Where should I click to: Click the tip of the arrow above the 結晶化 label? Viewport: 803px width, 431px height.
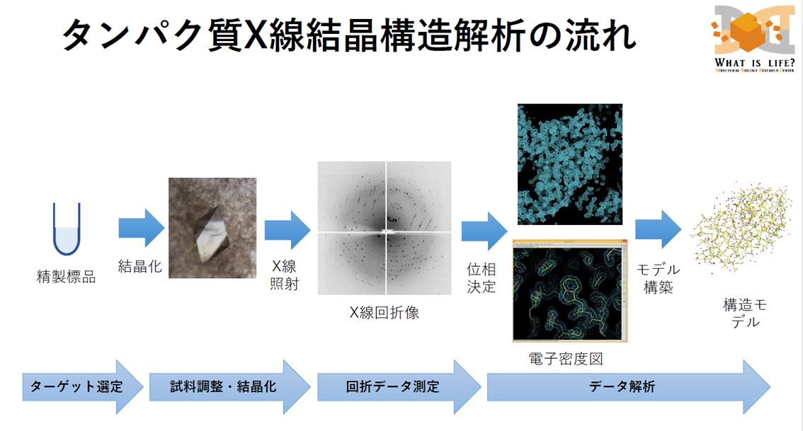[x=164, y=228]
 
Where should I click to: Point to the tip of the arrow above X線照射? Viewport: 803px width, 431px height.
[x=310, y=230]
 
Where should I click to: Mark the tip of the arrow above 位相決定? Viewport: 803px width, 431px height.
[x=507, y=231]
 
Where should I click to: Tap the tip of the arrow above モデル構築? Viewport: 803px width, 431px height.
[x=681, y=229]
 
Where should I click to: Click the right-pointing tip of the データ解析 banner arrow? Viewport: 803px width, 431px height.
[x=770, y=387]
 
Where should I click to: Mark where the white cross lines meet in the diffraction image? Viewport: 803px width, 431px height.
[x=386, y=232]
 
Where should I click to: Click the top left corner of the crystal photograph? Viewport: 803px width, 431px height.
[x=169, y=178]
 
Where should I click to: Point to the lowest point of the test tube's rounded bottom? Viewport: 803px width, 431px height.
[x=67, y=255]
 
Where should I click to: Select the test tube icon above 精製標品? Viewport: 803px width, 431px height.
[x=67, y=229]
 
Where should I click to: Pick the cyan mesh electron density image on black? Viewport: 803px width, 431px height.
[x=570, y=164]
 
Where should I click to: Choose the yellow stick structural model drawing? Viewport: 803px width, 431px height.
[x=741, y=226]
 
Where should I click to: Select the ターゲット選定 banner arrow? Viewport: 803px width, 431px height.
[x=83, y=387]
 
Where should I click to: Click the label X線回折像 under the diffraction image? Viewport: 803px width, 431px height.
[x=385, y=312]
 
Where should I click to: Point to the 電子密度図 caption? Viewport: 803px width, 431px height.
[x=566, y=359]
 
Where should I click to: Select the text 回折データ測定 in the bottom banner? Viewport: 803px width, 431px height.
[x=393, y=386]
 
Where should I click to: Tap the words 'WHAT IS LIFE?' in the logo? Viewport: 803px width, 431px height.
[x=755, y=63]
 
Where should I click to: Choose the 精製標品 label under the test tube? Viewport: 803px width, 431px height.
[x=66, y=277]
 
